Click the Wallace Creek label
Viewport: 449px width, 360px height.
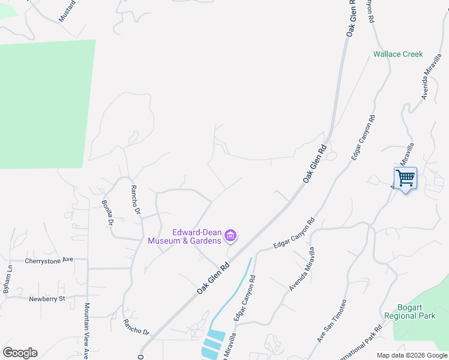coord(398,54)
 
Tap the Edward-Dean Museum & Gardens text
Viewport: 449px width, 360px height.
coord(197,236)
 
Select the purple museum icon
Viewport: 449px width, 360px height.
coord(231,237)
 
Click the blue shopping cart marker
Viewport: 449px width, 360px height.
coord(405,178)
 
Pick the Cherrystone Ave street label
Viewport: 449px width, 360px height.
coord(49,260)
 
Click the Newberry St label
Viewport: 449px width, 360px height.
coord(46,298)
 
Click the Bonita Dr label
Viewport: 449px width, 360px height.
coord(107,213)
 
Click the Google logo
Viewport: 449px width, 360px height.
coord(20,353)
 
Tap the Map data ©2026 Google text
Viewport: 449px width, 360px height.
coord(412,355)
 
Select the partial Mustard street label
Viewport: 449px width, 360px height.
coord(67,11)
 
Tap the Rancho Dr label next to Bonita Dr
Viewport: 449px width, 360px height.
coord(136,200)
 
